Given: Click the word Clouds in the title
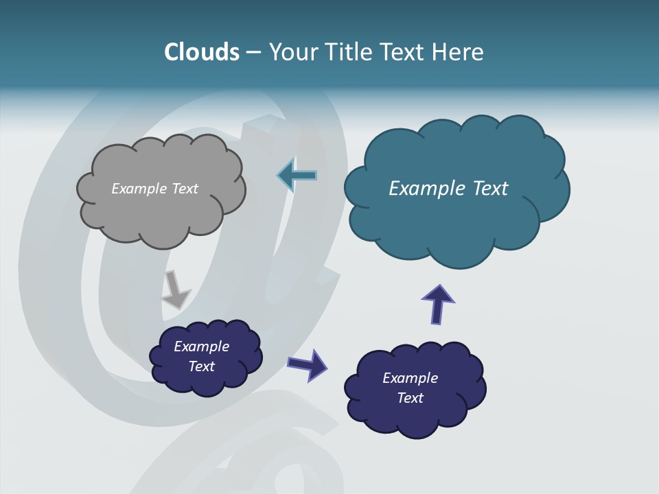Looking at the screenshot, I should click(x=202, y=52).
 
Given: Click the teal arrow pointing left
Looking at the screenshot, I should click(x=297, y=176).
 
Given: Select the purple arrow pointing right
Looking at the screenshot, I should click(x=308, y=364).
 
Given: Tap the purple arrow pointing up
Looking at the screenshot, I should click(x=438, y=303).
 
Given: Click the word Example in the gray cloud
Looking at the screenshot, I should click(x=138, y=189).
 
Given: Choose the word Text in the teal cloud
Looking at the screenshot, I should click(x=490, y=189).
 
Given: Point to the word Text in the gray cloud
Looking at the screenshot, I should click(x=185, y=189).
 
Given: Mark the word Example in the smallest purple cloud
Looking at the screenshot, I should click(x=202, y=346).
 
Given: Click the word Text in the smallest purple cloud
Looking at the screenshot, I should click(x=202, y=366).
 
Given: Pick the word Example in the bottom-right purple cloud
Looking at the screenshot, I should click(x=411, y=378).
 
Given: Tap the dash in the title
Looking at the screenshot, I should click(x=253, y=52).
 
